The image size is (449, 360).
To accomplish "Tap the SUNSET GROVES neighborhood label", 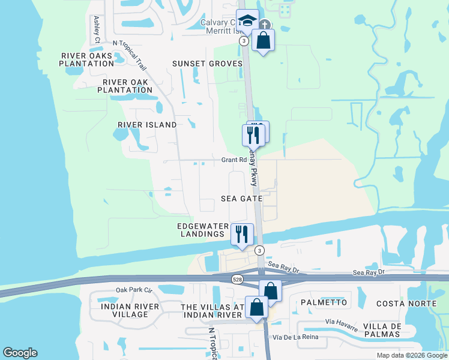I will [x=207, y=64].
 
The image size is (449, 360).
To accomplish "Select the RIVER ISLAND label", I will [x=147, y=125].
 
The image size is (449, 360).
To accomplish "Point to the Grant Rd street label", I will [x=234, y=160].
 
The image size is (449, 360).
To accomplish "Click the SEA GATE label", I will [x=241, y=198].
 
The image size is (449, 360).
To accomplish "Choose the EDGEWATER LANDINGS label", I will [x=203, y=230].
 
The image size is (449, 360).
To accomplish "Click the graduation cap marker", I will [x=247, y=20].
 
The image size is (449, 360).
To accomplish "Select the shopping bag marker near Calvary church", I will [x=263, y=41].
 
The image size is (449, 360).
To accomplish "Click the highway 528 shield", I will [x=238, y=279].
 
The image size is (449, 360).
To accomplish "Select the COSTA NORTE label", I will [x=406, y=303].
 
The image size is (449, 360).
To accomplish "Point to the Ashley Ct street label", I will [x=97, y=29].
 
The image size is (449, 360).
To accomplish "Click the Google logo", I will [x=20, y=353].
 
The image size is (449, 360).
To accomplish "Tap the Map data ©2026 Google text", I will [x=411, y=355].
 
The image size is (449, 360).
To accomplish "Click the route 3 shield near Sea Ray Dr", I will [x=259, y=250].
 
